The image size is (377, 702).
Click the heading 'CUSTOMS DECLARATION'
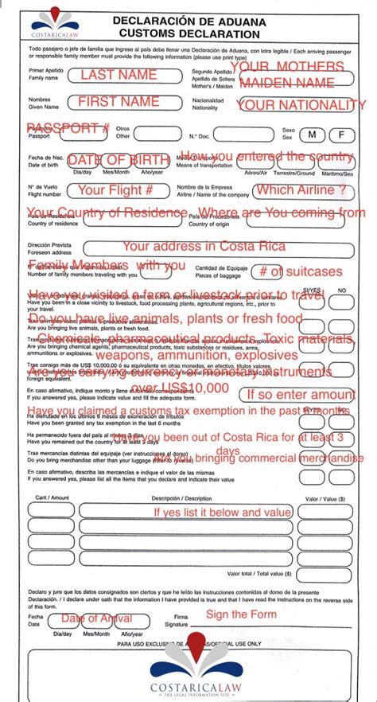point(188,34)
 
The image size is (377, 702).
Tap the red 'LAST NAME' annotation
point(119,75)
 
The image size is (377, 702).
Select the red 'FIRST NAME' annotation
point(119,102)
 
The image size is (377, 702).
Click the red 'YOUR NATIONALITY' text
point(301,105)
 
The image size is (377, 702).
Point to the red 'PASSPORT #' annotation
point(68,128)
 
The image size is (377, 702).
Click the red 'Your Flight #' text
point(115,190)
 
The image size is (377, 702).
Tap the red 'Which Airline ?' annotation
point(300,190)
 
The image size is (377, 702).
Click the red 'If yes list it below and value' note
point(223,512)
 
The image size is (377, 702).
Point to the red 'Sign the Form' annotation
point(241,614)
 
